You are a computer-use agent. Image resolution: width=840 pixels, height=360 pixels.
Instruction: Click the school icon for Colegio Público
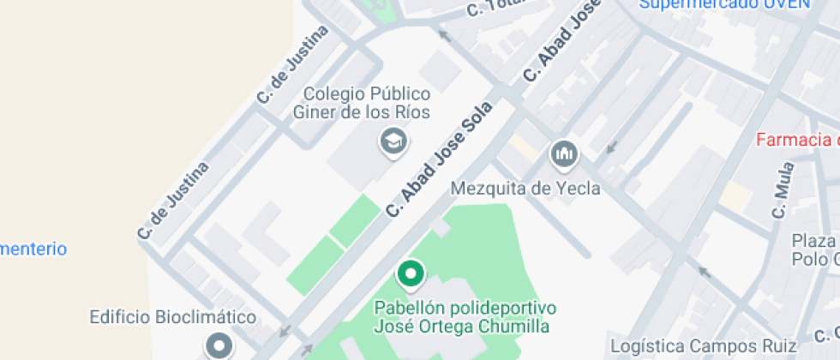click(x=393, y=141)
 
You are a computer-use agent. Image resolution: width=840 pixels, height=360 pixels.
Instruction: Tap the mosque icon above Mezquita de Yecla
click(x=564, y=154)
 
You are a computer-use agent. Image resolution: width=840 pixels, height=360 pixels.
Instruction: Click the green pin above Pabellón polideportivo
click(x=411, y=274)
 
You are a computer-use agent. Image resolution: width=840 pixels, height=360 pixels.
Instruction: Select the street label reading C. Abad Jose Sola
click(x=438, y=159)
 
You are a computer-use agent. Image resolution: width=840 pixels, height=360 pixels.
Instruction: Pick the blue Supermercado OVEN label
click(x=724, y=4)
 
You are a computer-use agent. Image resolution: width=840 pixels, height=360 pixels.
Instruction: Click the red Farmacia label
click(x=797, y=141)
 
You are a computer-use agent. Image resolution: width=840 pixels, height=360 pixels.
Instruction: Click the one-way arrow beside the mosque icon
click(x=611, y=147)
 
